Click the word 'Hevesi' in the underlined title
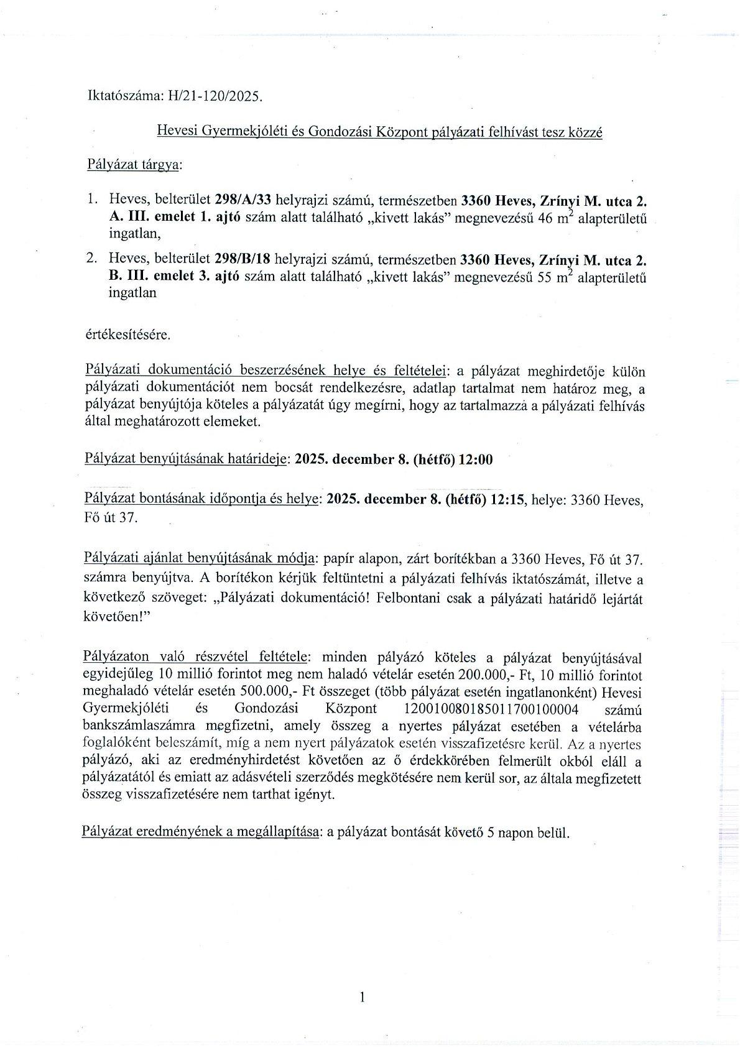(176, 132)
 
